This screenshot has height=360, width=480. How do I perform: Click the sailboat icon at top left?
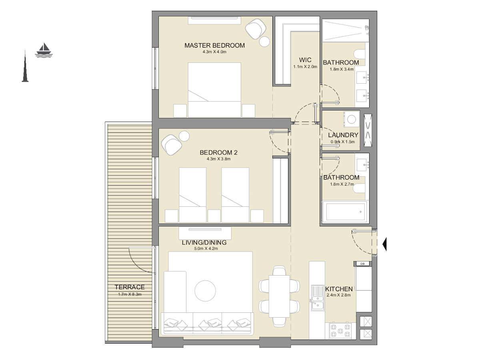tap(44, 50)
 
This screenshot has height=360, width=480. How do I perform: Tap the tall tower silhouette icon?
tap(25, 67)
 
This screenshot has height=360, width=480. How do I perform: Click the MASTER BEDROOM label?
tap(214, 46)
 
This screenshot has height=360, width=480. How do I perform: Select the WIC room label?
tap(305, 60)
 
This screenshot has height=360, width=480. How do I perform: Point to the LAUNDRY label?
tap(343, 135)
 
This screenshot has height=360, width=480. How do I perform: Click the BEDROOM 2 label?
tap(218, 152)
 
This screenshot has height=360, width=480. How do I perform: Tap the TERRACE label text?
tap(130, 287)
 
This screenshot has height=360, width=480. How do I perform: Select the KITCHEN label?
tap(339, 289)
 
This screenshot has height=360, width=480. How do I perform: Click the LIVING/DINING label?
tap(204, 242)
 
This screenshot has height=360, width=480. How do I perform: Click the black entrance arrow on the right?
tap(385, 244)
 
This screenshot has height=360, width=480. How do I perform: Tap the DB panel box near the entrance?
tap(362, 264)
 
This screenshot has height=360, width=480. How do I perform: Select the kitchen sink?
tap(318, 298)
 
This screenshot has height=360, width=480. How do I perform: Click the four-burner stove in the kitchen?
tap(340, 331)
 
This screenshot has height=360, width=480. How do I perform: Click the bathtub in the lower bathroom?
tap(345, 212)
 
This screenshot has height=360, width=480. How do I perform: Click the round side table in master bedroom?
tap(265, 42)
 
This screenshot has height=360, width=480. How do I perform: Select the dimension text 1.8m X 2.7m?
tap(341, 184)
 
